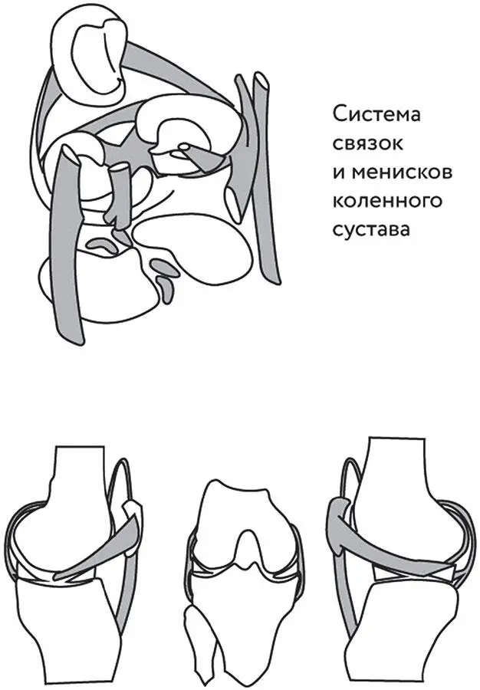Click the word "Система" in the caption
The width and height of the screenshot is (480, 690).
coord(376,115)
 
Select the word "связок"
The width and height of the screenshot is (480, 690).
coord(367,143)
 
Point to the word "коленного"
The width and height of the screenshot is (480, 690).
coord(387,201)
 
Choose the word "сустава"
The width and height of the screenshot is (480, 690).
coord(371,230)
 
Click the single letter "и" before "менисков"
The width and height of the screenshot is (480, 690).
coord(340,172)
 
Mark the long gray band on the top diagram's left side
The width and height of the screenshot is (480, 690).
coord(67,246)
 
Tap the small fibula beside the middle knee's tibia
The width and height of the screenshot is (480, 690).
coord(201,638)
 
